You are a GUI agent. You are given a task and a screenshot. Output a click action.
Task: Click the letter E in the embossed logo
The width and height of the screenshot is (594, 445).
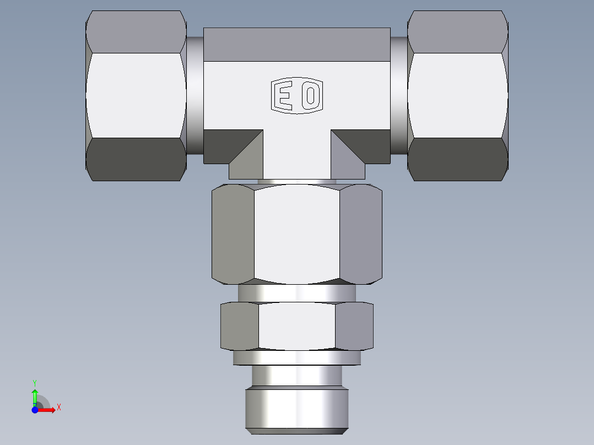click(285, 96)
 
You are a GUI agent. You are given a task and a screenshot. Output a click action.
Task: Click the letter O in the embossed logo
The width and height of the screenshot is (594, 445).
click(311, 96)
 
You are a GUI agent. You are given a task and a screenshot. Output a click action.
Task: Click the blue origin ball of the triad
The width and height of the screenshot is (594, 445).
click(35, 410)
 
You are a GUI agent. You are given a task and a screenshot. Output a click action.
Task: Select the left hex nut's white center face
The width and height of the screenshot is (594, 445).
click(135, 95)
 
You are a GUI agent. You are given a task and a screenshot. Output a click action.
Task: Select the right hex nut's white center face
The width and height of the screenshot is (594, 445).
click(457, 95)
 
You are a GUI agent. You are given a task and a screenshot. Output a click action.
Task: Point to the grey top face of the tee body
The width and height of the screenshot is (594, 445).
click(297, 44)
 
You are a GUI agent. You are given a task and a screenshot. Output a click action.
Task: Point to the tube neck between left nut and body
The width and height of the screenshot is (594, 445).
click(195, 95)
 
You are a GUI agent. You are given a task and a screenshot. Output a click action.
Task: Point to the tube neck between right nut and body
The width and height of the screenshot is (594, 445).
click(399, 95)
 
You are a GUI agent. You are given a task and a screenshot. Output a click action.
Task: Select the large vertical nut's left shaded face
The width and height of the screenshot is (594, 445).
click(233, 234)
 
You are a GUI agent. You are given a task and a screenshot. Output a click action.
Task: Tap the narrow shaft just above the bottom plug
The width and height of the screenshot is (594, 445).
click(297, 376)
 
